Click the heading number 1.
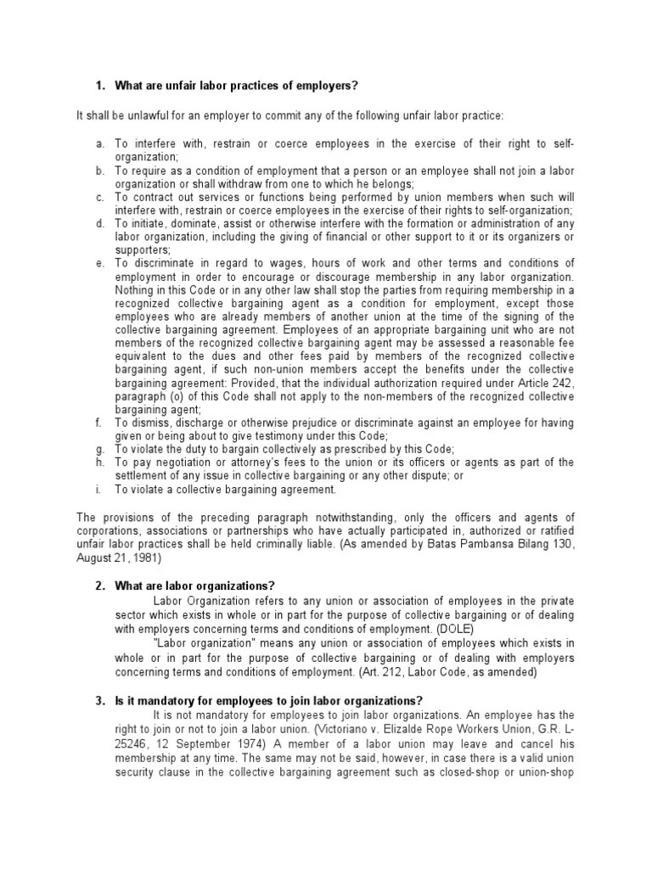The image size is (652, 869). point(98,86)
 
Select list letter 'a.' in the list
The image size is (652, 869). point(99,145)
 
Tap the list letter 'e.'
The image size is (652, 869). point(99,263)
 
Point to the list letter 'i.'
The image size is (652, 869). point(98,489)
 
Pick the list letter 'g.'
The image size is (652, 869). point(99,449)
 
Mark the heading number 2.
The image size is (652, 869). point(98,586)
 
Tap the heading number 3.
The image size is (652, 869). point(98,701)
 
